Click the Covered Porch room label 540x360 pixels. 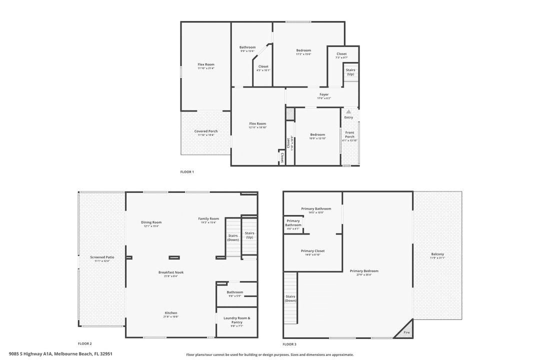(206, 131)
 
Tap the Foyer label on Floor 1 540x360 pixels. (324, 94)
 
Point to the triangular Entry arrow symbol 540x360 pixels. (348, 112)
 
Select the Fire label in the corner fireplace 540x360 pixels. (406, 332)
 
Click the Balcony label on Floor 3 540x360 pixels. (437, 254)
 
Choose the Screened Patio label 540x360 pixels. (102, 257)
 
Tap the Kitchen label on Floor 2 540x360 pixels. (171, 313)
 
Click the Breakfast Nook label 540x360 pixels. (171, 272)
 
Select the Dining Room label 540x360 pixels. (151, 222)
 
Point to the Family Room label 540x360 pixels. (208, 218)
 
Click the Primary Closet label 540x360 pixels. (312, 251)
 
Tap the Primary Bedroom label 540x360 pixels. (367, 271)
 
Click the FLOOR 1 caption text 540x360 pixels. (187, 172)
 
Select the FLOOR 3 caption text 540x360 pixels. (289, 344)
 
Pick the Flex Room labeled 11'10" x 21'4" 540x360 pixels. (206, 64)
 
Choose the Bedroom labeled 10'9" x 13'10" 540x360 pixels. (317, 134)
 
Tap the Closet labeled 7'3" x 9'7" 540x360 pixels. (341, 54)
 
